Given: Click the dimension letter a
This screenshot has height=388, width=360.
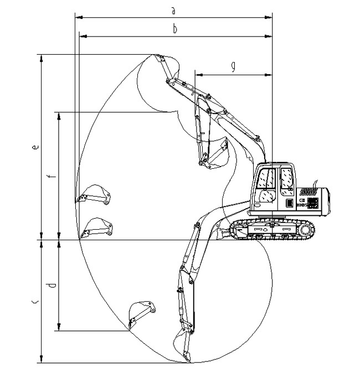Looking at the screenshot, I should (174, 10).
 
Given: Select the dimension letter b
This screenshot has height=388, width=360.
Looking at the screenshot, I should (175, 29).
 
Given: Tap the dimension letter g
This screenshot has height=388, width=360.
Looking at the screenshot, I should (233, 66).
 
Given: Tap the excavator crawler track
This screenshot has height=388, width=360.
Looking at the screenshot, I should (272, 229).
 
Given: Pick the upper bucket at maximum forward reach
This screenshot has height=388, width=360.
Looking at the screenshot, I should (94, 195).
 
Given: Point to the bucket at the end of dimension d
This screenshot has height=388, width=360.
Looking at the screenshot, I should (140, 313).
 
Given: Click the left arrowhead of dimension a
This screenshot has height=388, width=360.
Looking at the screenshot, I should (77, 18).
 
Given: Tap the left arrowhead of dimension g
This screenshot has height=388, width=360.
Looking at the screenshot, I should (197, 74).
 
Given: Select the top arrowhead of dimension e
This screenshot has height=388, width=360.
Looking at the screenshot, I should (41, 57).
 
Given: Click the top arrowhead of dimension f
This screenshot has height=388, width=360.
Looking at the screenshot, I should (59, 115).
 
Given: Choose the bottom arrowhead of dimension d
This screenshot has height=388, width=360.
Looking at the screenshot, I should (59, 328).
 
